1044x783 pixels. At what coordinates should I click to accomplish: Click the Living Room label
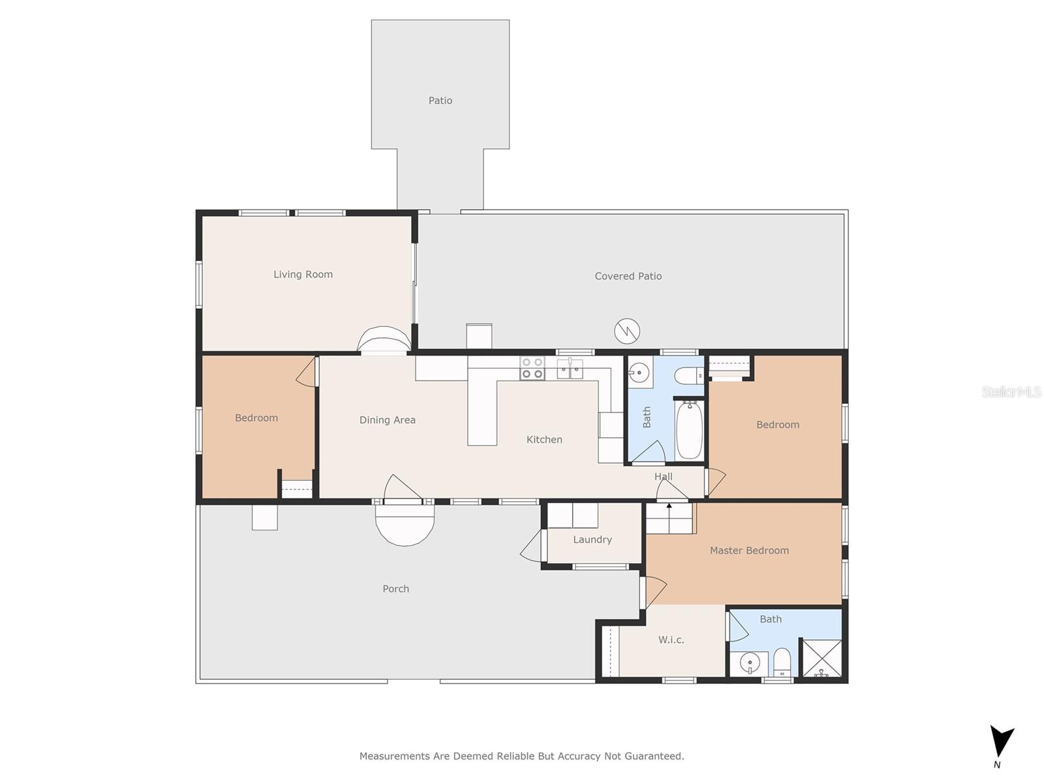click(303, 274)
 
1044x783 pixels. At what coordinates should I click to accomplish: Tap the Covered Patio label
click(628, 276)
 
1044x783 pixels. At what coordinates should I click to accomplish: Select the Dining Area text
click(387, 420)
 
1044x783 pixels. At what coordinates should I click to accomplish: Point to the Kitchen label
click(544, 440)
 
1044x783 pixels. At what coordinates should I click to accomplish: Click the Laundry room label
click(592, 540)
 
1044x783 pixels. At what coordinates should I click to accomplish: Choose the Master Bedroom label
click(749, 551)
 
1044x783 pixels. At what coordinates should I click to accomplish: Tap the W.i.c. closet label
click(671, 640)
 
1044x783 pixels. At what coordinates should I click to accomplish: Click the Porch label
click(395, 589)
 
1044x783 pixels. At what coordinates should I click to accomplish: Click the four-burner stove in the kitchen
click(532, 369)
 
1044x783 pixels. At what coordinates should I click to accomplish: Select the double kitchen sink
click(570, 369)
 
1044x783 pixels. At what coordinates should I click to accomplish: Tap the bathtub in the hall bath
click(689, 430)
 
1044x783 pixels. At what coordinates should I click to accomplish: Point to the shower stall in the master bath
click(822, 658)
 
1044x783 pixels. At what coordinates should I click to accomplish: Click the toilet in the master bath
click(782, 662)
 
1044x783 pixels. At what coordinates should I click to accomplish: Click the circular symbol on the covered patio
click(627, 331)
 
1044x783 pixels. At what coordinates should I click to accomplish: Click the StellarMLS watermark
click(1011, 391)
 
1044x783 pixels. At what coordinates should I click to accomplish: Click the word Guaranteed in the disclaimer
click(657, 756)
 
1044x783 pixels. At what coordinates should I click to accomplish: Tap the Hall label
click(663, 476)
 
